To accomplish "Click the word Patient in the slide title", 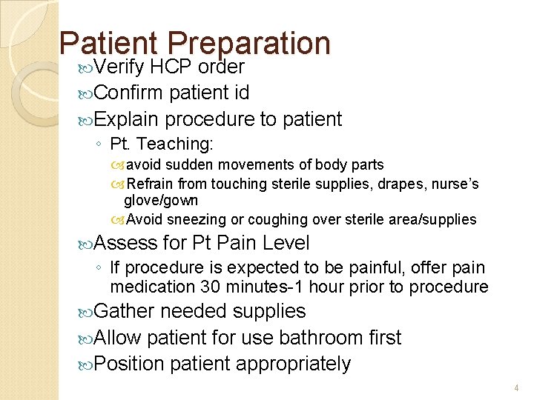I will tap(110, 44).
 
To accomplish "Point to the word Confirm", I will tap(129, 93).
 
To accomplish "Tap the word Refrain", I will tap(154, 183).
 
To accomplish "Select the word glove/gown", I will tap(161, 201).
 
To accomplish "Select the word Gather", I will tap(125, 312).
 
